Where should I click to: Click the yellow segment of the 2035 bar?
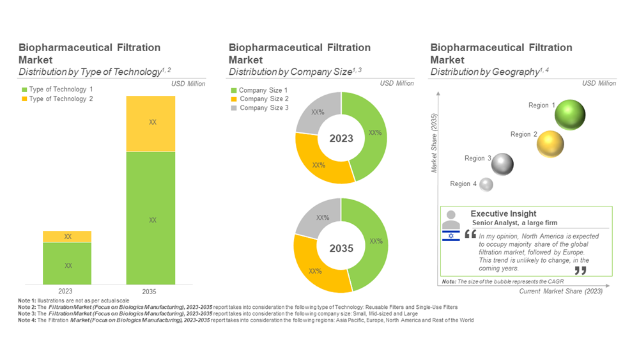[151, 123]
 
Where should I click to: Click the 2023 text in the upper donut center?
[341, 138]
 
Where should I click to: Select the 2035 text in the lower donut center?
[341, 247]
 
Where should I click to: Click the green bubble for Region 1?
[569, 115]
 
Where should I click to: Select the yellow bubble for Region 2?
[550, 145]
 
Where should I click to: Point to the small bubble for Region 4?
[486, 185]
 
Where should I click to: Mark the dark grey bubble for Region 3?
[502, 164]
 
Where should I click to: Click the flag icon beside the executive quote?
[451, 237]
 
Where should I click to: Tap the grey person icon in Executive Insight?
[451, 219]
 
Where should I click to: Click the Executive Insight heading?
[504, 214]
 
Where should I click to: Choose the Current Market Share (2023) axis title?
[560, 292]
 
